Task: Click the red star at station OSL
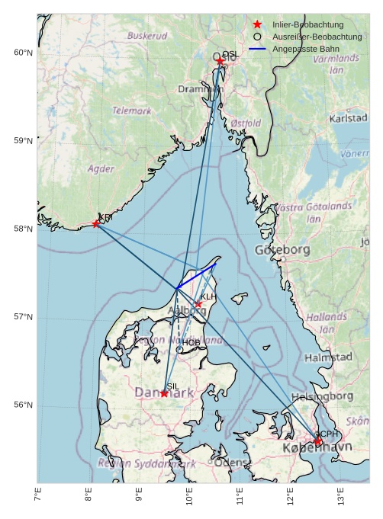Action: (x=220, y=61)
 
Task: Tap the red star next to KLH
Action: (x=198, y=304)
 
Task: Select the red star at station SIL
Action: (x=164, y=393)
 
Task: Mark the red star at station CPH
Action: (x=317, y=441)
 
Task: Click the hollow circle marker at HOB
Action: (x=179, y=349)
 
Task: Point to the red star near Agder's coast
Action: (x=96, y=223)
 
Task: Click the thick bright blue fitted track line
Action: (x=195, y=277)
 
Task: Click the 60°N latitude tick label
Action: (x=24, y=53)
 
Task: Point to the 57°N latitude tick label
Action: (x=24, y=317)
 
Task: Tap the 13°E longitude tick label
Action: (x=341, y=495)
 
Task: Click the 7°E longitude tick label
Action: (x=38, y=495)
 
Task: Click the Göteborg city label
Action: (x=282, y=250)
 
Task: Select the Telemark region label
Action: (x=131, y=111)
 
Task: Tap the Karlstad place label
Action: (x=349, y=119)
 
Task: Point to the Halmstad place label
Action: (x=328, y=357)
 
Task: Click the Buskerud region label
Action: (x=147, y=36)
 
